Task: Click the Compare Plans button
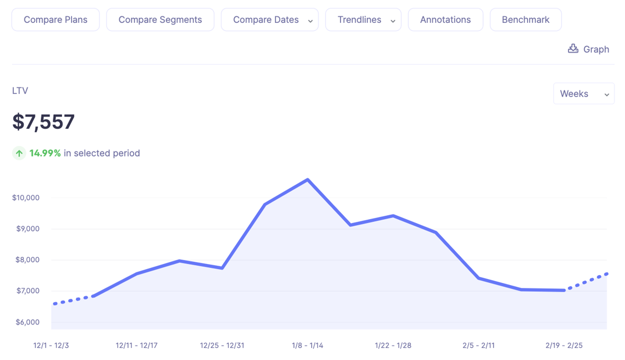point(55,20)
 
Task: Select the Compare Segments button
point(160,20)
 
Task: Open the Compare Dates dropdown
point(270,20)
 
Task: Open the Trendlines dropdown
point(363,20)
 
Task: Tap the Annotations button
point(445,20)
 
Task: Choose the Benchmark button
point(525,20)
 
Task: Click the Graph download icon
point(573,49)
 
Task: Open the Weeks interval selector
point(583,94)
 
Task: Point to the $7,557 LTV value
point(43,122)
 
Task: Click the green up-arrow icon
point(19,153)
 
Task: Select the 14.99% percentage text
point(45,153)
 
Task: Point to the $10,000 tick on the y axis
point(26,197)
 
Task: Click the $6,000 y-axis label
point(26,322)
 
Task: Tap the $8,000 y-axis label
point(26,260)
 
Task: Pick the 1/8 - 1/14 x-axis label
point(307,346)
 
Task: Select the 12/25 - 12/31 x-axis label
point(222,346)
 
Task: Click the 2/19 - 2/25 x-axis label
point(564,346)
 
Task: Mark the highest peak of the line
point(308,180)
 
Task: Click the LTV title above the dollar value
point(20,90)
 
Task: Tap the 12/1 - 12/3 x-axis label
point(51,346)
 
